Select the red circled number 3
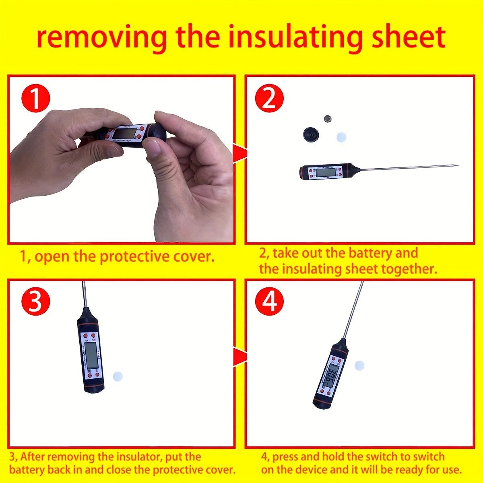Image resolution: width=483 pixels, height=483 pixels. [x=35, y=302]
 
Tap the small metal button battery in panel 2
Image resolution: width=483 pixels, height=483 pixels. [x=328, y=119]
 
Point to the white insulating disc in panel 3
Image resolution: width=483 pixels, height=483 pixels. [x=117, y=377]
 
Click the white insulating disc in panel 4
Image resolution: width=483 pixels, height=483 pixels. [x=359, y=365]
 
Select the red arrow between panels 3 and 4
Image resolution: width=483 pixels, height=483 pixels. [x=240, y=356]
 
